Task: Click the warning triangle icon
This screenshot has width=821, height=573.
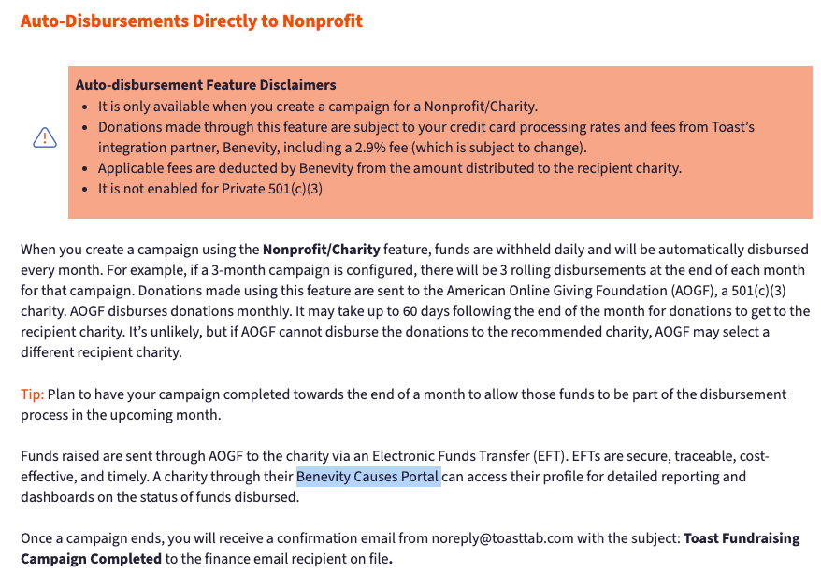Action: pos(45,138)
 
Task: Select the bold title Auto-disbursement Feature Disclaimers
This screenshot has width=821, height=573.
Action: pos(206,85)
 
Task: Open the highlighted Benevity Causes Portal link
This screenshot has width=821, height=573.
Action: pos(367,477)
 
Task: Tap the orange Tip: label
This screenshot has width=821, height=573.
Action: pos(32,394)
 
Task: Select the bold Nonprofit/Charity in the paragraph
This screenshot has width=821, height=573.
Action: pos(321,250)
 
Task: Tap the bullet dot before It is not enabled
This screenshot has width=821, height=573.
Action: pos(88,189)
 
